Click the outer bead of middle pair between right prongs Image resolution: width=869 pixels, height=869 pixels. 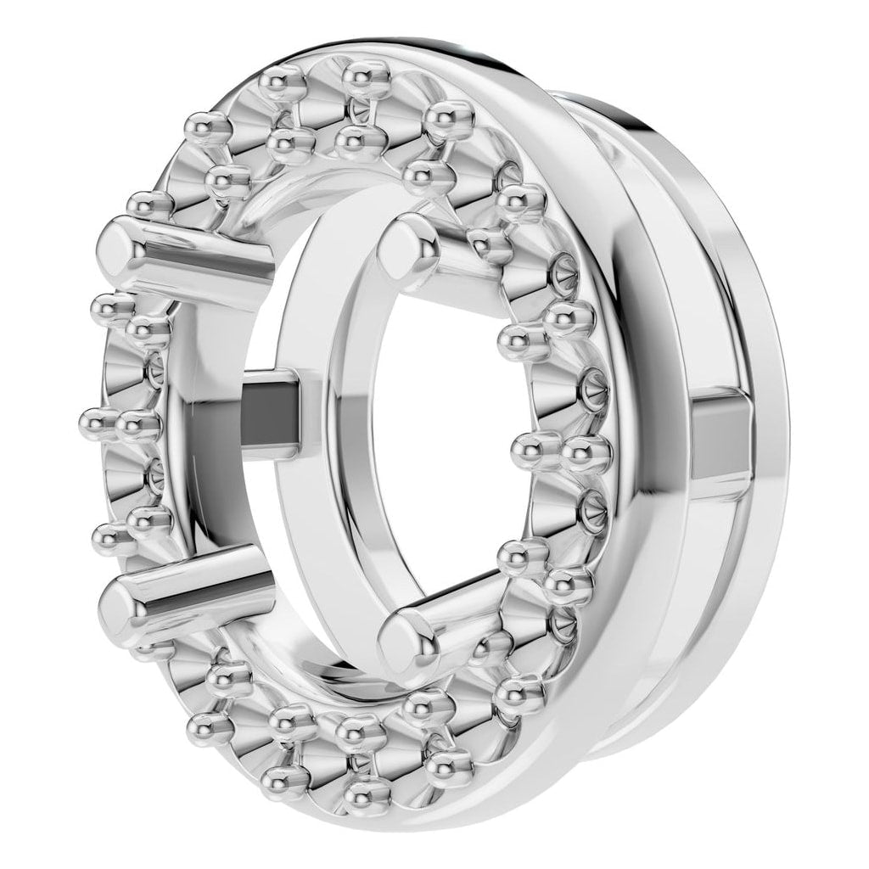(x=586, y=454)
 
